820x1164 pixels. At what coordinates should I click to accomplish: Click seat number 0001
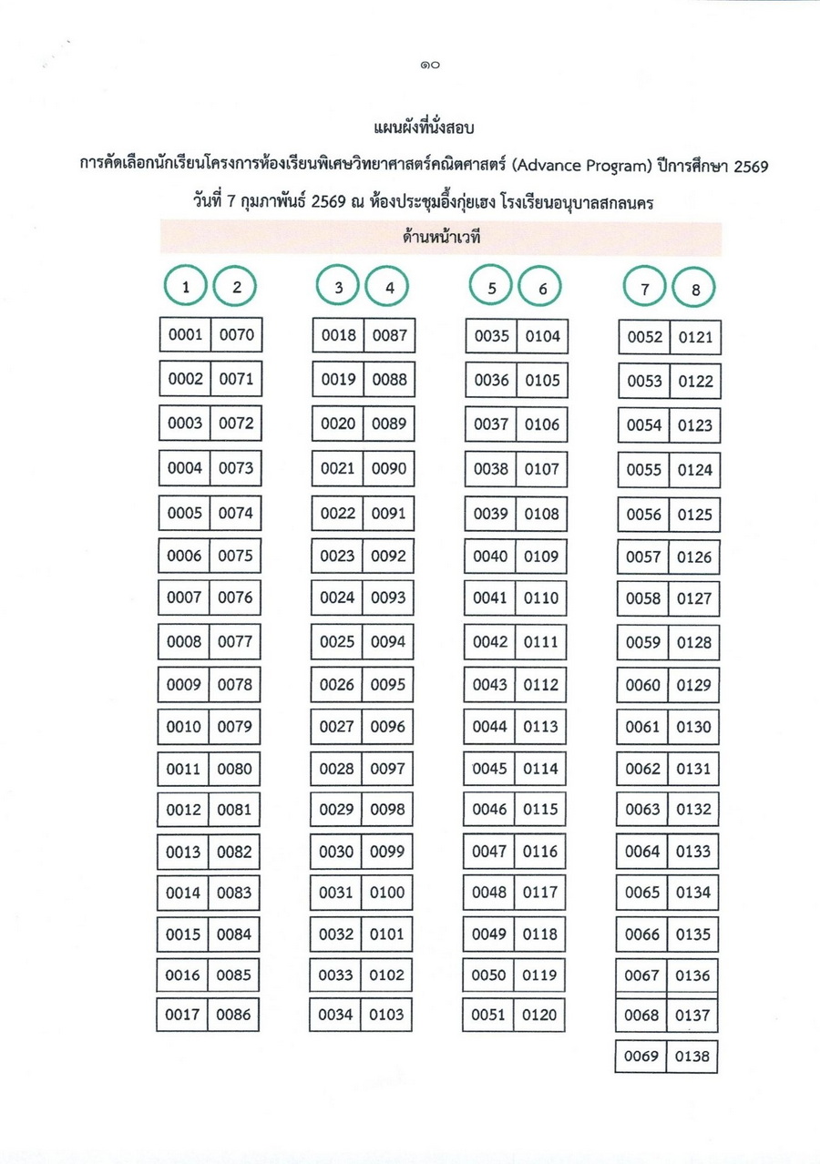[185, 335]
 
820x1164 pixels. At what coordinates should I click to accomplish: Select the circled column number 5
[492, 287]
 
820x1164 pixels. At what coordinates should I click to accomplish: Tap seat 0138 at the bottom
[693, 1057]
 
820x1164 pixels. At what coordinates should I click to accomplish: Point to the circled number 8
[696, 291]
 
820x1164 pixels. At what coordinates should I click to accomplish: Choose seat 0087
[389, 335]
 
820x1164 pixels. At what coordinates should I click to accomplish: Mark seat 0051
[490, 1014]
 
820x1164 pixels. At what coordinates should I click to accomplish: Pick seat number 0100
[387, 893]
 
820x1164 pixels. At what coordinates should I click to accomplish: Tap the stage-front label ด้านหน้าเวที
[441, 239]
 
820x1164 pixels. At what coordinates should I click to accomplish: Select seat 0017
[183, 1014]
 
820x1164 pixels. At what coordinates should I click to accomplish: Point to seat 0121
[695, 338]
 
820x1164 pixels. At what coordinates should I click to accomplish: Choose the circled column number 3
[339, 287]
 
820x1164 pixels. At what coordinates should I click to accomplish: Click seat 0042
[490, 641]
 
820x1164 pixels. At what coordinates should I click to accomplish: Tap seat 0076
[235, 598]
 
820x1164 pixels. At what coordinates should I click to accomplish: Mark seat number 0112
[541, 684]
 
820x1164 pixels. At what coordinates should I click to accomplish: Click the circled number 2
[237, 287]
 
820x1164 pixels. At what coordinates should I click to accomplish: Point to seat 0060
[643, 685]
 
